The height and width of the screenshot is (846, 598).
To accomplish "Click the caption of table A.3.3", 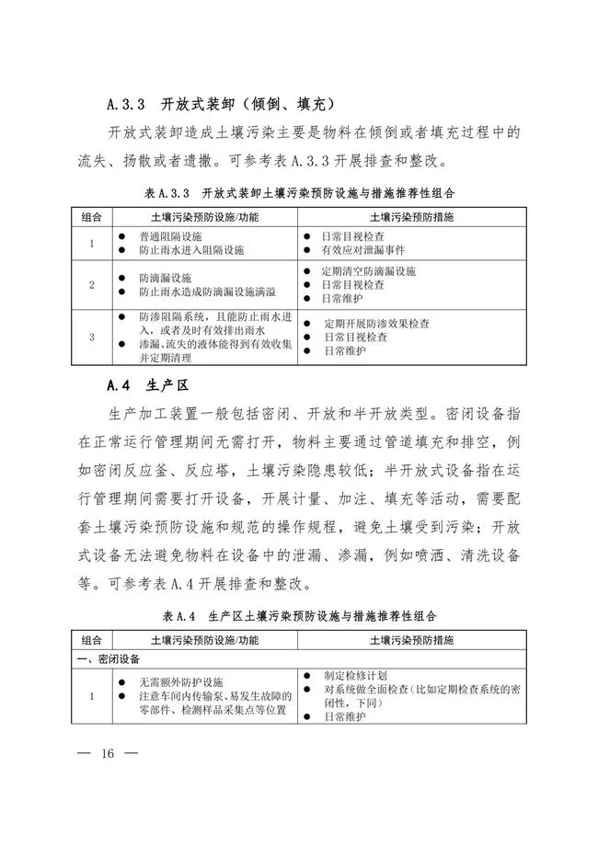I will pyautogui.click(x=300, y=194).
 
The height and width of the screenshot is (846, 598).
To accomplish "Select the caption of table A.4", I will pyautogui.click(x=300, y=614).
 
